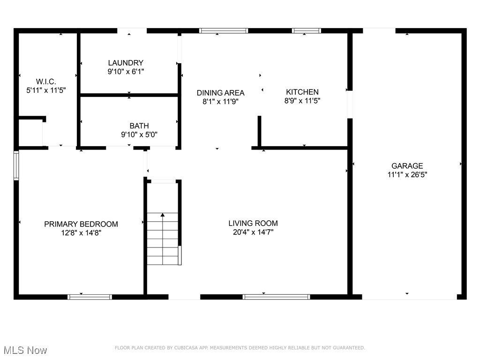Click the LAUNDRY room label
pos(126,63)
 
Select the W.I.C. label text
pos(46,82)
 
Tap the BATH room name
pos(139,126)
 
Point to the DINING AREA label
pos(220,93)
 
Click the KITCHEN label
pos(302,92)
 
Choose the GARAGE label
pos(407,166)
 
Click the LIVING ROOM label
pos(253,224)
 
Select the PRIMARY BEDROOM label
pos(81,224)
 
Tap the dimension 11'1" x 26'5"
pos(407,174)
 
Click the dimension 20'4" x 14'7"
pos(253,232)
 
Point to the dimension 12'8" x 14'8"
pos(81,232)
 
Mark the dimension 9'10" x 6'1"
pos(126,72)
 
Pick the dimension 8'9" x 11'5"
pos(302,101)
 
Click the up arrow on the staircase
pos(163,216)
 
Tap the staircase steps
pos(163,239)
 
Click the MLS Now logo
pos(25,350)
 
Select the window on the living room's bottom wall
pos(276,297)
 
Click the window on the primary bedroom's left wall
pos(16,165)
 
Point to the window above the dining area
pos(224,31)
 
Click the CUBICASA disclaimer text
pos(240,348)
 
